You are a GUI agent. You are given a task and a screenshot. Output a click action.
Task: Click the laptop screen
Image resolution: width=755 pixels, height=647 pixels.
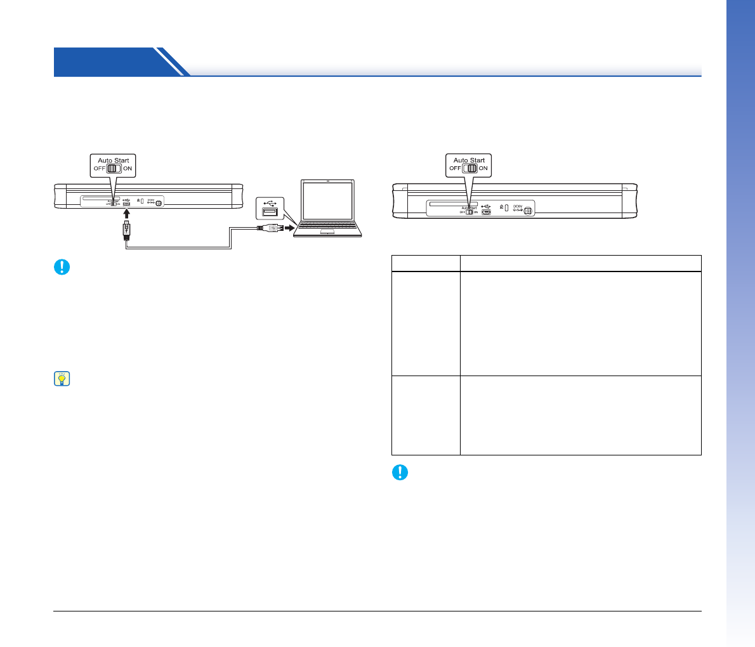(327, 200)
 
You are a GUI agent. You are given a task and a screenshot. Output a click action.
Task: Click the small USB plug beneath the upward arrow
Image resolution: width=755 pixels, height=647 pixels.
(127, 230)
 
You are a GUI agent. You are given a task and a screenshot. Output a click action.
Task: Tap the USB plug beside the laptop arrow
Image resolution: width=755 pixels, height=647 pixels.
(271, 228)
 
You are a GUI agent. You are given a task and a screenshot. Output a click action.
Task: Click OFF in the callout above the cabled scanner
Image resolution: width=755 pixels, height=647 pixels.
(100, 169)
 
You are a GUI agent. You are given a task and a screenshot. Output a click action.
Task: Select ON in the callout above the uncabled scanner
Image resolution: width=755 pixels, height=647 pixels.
(483, 169)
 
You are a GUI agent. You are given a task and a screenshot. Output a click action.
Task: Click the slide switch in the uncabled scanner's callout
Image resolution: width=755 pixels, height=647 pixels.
(469, 169)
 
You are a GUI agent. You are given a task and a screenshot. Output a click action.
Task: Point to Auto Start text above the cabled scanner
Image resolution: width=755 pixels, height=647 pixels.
(114, 160)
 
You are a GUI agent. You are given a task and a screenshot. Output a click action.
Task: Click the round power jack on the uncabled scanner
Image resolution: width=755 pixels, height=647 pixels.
(528, 211)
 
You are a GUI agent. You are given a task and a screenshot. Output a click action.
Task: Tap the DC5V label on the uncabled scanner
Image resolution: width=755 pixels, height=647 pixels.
(518, 206)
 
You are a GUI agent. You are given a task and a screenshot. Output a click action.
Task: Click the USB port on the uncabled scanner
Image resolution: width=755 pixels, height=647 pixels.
(486, 212)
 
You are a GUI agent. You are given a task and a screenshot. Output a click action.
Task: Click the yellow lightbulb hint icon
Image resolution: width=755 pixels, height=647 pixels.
(62, 379)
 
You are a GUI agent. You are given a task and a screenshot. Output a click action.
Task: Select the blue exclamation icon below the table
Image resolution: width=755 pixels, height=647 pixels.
(400, 473)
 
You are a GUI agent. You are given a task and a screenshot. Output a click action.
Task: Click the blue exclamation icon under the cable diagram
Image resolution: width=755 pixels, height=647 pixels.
(62, 267)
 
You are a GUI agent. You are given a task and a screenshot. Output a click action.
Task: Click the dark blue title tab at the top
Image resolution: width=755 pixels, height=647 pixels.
(108, 62)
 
